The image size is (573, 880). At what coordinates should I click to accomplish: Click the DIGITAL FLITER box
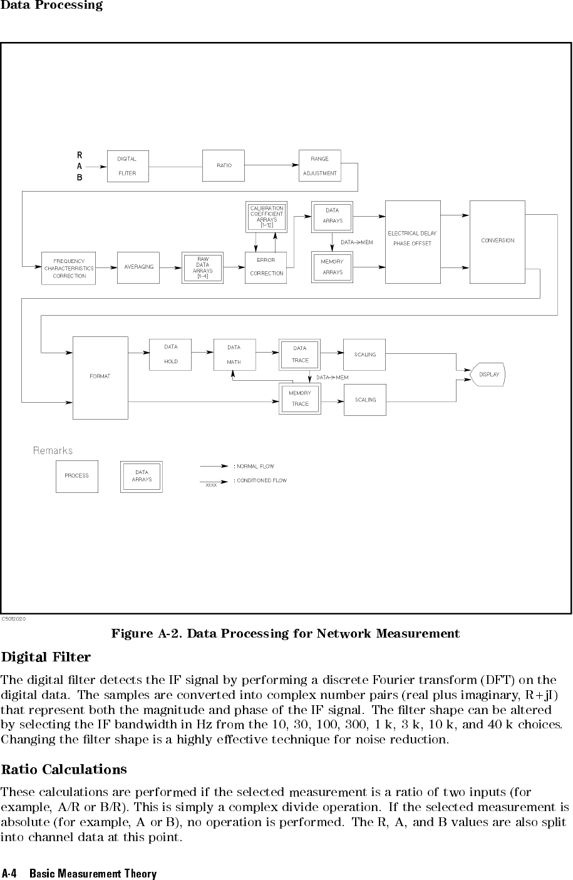pyautogui.click(x=128, y=166)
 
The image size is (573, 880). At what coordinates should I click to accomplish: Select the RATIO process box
pyautogui.click(x=224, y=166)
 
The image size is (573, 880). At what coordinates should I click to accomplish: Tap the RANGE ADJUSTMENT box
pyautogui.click(x=320, y=166)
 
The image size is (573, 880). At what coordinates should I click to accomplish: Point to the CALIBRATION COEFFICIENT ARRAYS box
pyautogui.click(x=267, y=217)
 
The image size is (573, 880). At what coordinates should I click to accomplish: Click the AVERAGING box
pyautogui.click(x=138, y=267)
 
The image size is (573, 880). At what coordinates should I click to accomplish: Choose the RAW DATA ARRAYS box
pyautogui.click(x=203, y=267)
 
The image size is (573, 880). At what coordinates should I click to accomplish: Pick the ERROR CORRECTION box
pyautogui.click(x=266, y=267)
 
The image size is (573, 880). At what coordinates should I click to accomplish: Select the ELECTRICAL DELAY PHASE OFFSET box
pyautogui.click(x=413, y=242)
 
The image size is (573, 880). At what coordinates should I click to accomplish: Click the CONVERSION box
pyautogui.click(x=497, y=242)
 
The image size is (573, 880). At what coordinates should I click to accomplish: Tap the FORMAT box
pyautogui.click(x=100, y=378)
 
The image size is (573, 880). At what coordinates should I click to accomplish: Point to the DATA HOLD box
pyautogui.click(x=170, y=355)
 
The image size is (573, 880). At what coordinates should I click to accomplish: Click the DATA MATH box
pyautogui.click(x=234, y=355)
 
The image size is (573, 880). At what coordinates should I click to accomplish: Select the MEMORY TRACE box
pyautogui.click(x=300, y=399)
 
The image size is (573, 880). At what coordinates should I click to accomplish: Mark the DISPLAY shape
pyautogui.click(x=488, y=375)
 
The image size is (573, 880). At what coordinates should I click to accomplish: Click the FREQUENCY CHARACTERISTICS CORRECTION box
pyautogui.click(x=69, y=268)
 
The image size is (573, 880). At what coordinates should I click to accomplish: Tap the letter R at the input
pyautogui.click(x=80, y=155)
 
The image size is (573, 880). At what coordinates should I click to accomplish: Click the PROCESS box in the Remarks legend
pyautogui.click(x=77, y=476)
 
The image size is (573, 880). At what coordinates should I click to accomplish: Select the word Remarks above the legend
pyautogui.click(x=53, y=450)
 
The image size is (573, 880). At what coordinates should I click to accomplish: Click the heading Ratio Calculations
pyautogui.click(x=64, y=769)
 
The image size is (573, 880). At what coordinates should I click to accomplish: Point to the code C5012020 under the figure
pyautogui.click(x=14, y=618)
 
